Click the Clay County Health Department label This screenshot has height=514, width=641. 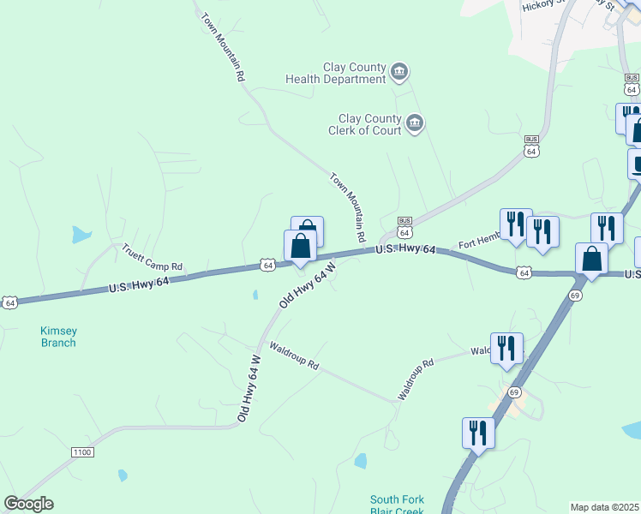click(336, 73)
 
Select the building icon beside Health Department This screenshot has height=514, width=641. click(399, 71)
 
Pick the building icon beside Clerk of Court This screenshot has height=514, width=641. click(415, 123)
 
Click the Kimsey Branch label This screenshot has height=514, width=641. click(58, 337)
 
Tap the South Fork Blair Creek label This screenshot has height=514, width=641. click(398, 505)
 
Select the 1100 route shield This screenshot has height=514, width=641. click(82, 451)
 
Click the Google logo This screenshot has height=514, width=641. click(28, 504)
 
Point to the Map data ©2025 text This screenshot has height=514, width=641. click(603, 507)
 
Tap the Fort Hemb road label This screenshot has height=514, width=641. click(478, 244)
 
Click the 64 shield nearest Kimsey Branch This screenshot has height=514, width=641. click(9, 302)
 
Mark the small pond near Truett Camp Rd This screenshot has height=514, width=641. click(81, 233)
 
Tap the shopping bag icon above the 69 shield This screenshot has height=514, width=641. click(591, 259)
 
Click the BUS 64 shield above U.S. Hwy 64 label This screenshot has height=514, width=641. click(405, 228)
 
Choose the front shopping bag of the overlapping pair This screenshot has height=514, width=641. click(300, 247)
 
